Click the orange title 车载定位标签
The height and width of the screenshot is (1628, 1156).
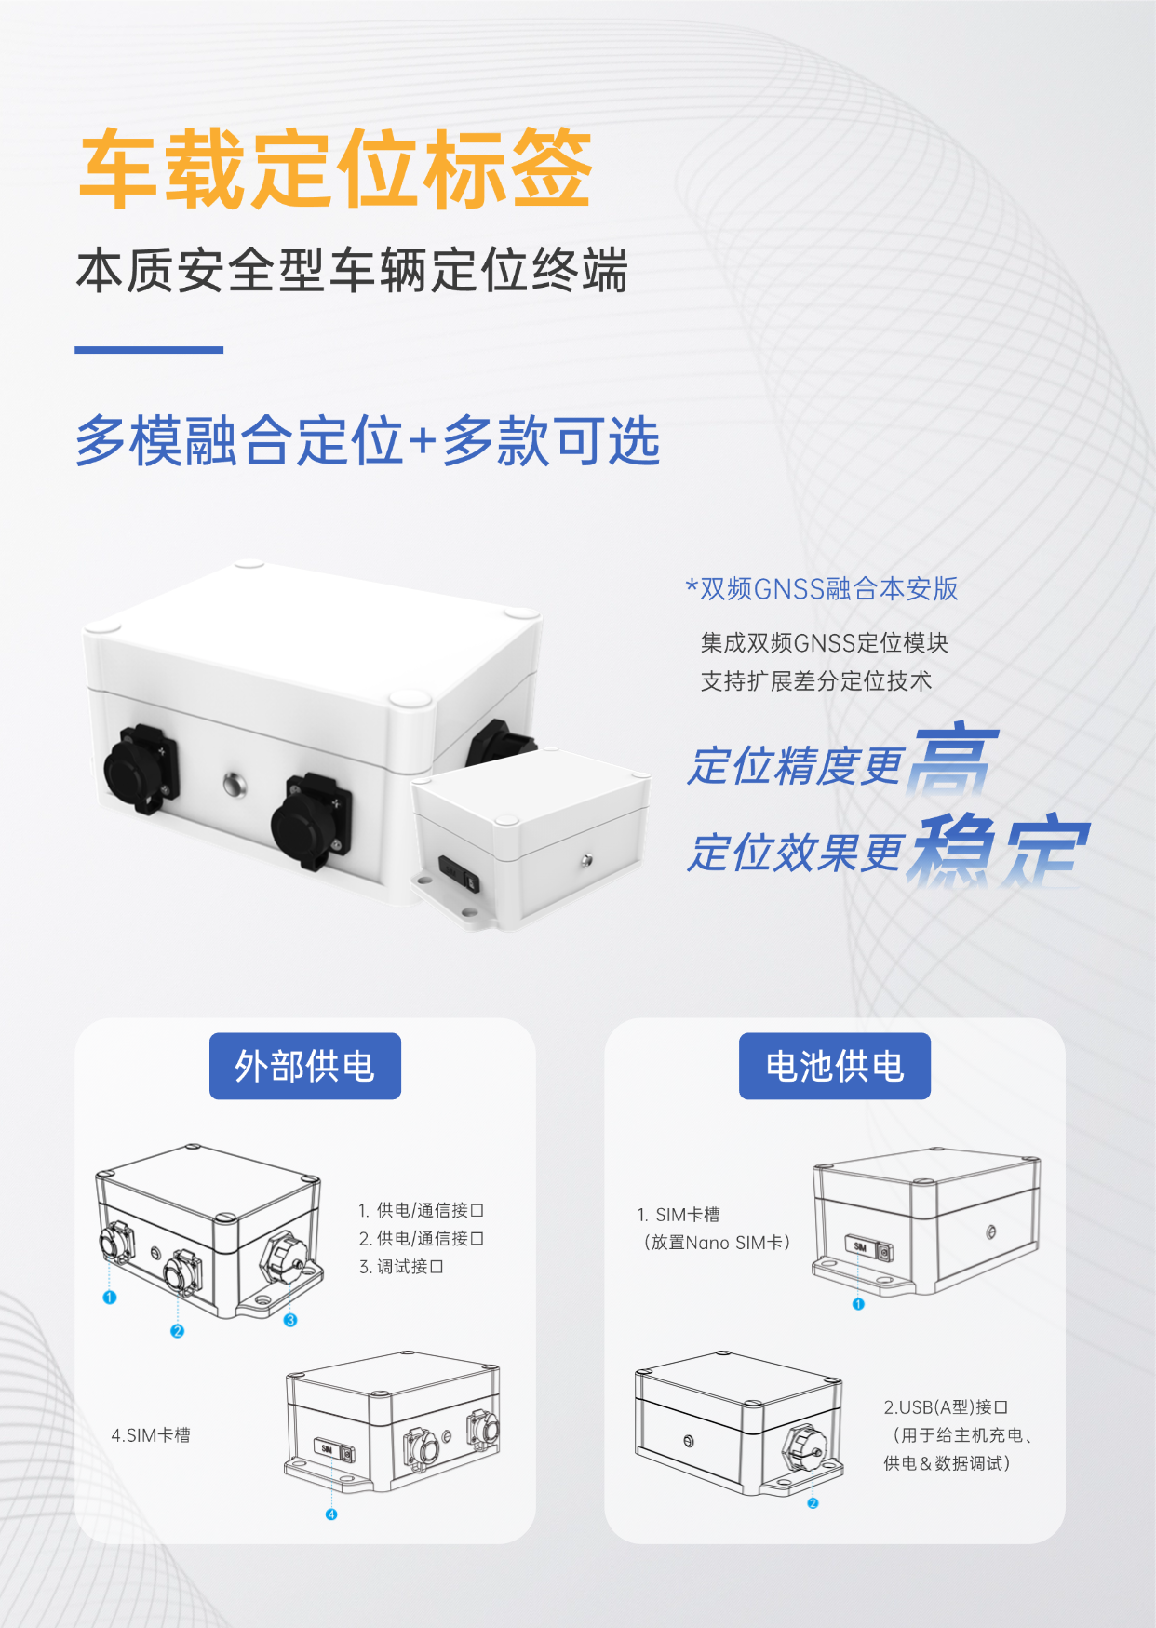pos(336,168)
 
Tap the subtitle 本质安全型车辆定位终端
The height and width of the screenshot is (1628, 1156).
pos(352,271)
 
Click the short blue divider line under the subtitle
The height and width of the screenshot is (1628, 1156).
pos(149,350)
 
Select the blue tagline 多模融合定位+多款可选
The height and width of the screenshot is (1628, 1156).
pos(368,440)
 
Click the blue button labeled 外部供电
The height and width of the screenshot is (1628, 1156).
pos(304,1066)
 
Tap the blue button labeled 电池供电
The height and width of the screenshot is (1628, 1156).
pos(834,1066)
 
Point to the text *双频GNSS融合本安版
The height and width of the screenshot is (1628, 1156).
pos(822,588)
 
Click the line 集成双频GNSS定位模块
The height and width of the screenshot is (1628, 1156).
pos(824,642)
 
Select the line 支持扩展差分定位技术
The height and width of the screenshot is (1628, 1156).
pos(815,681)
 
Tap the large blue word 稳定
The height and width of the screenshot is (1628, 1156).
pos(1001,848)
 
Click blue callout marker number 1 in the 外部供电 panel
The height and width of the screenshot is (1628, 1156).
pos(110,1298)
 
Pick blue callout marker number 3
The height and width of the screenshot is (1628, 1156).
pos(290,1320)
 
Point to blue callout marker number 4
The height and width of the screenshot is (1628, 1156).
pos(331,1514)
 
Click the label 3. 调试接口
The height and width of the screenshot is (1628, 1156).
pos(401,1267)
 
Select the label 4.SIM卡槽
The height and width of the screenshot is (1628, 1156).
pos(151,1435)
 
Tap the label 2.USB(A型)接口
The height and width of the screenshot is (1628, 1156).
pos(946,1407)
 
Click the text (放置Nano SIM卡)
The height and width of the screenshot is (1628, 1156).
pos(717,1243)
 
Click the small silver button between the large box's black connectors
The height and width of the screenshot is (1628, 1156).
pos(234,784)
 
